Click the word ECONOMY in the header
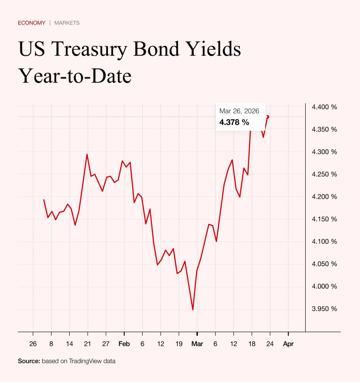[x=32, y=23]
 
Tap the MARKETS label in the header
[x=67, y=23]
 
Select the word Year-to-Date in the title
[x=75, y=76]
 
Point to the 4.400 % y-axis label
[x=324, y=107]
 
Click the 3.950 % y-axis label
[x=324, y=309]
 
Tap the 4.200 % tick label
[x=324, y=197]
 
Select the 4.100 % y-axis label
[x=324, y=242]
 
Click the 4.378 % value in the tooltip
[x=234, y=122]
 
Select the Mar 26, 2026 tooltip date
[x=239, y=111]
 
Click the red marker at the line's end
[x=268, y=117]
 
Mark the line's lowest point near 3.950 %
[x=193, y=310]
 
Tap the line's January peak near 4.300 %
[x=87, y=154]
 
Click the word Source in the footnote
[x=29, y=361]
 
